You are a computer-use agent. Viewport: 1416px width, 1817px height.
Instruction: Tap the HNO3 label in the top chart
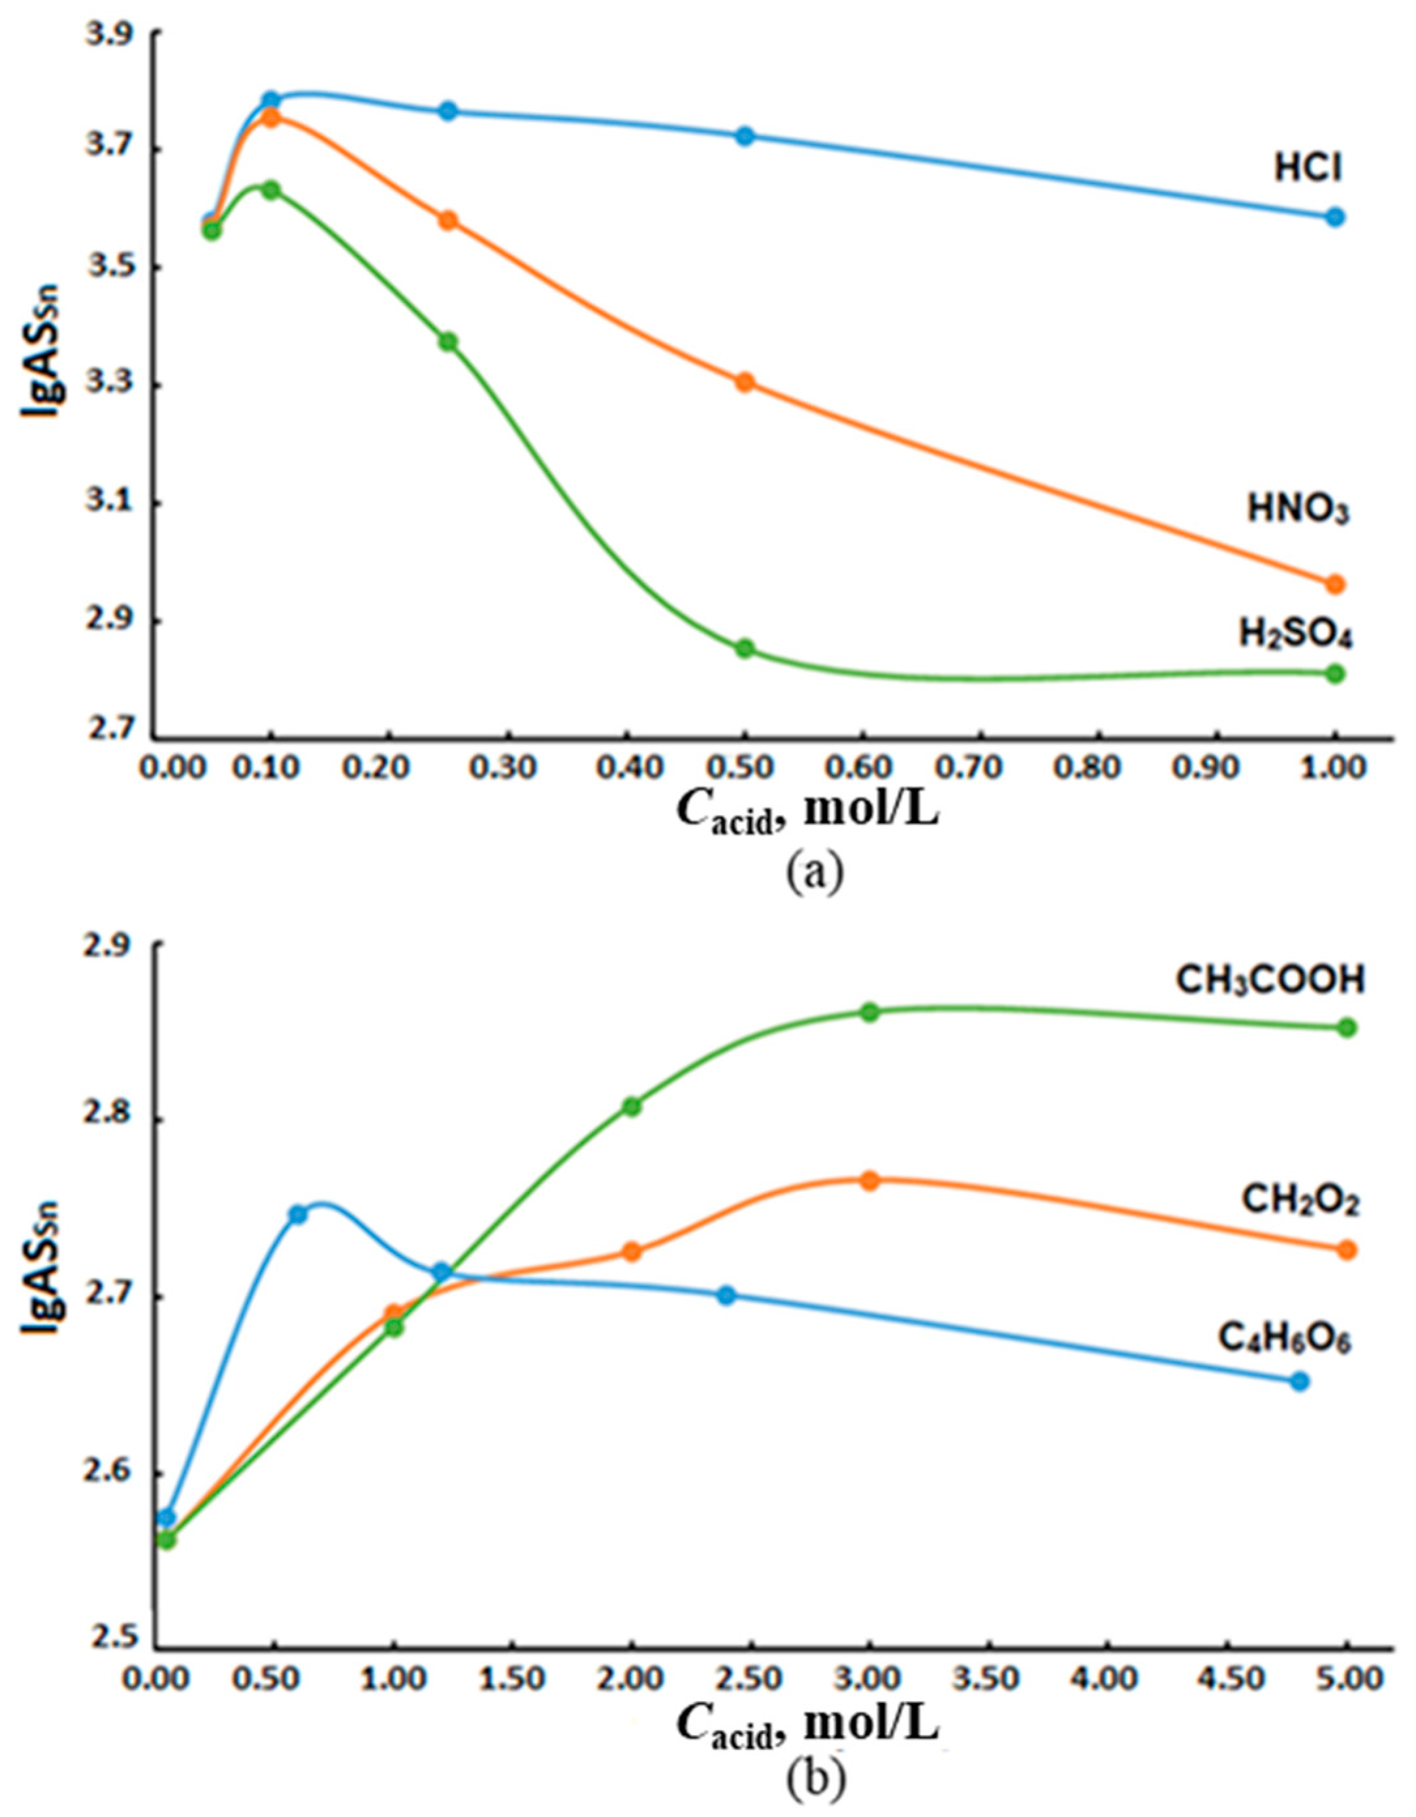tap(1297, 510)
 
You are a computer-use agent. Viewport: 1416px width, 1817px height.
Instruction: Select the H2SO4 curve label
tap(1295, 636)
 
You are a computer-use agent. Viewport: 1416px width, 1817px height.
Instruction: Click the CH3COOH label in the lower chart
tap(1270, 981)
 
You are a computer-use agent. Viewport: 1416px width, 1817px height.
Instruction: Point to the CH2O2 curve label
tap(1300, 1200)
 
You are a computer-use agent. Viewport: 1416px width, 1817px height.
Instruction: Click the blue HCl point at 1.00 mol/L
tap(1335, 217)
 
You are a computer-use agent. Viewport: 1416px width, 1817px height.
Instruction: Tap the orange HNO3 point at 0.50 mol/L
tap(745, 383)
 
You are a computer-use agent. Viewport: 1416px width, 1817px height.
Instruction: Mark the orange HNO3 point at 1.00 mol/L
tap(1335, 584)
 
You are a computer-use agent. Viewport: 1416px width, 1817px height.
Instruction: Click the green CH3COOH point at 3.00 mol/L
tap(869, 1012)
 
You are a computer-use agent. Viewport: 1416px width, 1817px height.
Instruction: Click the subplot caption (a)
tap(814, 873)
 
